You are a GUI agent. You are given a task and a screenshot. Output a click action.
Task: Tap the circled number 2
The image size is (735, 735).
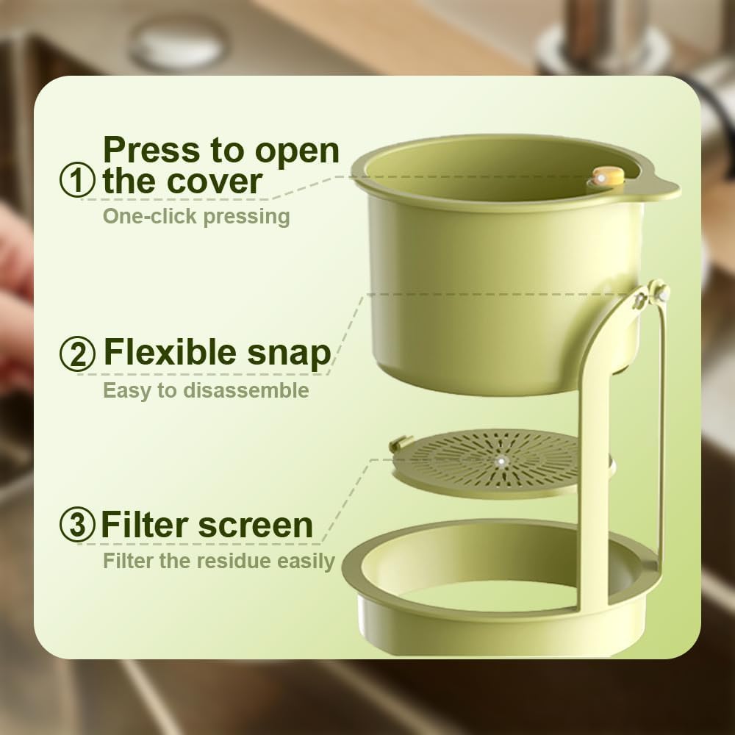[77, 354]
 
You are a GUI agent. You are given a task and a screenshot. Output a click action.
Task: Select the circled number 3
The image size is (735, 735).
[77, 526]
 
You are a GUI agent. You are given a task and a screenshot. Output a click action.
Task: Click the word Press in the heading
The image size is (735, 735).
[151, 150]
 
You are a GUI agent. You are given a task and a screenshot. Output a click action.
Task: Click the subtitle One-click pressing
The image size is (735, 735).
[196, 217]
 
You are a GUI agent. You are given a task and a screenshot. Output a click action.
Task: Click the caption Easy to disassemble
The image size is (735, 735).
[206, 390]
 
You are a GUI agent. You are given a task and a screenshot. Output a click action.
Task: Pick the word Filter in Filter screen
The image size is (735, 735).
[141, 526]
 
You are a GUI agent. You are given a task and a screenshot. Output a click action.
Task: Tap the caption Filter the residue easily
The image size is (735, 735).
[218, 562]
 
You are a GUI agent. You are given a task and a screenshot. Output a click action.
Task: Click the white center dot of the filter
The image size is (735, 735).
[501, 461]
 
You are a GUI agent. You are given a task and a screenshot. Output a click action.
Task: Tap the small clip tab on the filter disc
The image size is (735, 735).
[398, 445]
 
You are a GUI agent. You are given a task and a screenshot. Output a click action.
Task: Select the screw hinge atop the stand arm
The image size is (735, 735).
[654, 293]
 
